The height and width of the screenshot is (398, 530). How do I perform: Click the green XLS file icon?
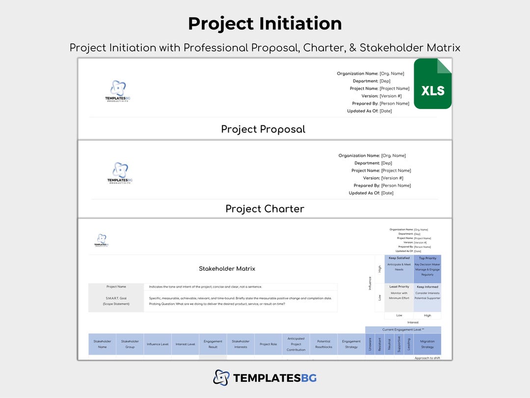432,84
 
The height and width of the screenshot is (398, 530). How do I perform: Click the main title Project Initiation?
265,24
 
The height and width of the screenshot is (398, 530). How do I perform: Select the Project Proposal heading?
263,129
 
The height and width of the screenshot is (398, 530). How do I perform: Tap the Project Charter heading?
265,209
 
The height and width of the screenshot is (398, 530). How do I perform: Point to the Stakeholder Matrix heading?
227,269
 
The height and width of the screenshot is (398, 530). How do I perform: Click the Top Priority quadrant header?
427,258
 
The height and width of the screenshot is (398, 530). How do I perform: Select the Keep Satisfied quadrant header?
399,258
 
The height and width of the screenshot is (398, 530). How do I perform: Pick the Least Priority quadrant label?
399,286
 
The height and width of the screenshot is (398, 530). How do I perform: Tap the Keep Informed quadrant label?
427,286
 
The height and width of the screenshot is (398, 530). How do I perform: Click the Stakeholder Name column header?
102,344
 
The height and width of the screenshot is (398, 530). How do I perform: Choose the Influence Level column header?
158,344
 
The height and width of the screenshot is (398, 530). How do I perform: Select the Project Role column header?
268,344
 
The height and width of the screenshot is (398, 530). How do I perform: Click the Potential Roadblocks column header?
324,344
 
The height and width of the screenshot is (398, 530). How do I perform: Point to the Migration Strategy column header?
427,344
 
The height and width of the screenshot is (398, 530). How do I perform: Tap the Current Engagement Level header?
403,330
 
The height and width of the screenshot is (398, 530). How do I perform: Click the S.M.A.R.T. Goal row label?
116,301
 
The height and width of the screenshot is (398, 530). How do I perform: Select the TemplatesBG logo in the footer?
265,378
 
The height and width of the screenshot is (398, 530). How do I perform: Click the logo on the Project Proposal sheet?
118,90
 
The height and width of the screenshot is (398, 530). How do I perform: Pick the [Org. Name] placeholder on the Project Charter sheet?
393,156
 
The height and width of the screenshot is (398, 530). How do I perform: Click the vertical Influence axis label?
370,283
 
